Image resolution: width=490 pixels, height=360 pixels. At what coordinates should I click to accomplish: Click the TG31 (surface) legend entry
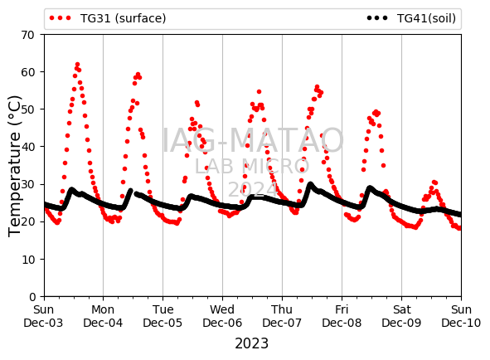coord(107,18)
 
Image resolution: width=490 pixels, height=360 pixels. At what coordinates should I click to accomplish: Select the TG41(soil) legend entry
coord(411,18)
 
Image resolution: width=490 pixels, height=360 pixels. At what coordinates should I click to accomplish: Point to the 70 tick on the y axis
coord(28,35)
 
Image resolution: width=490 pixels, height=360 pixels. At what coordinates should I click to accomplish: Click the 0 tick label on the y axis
coord(32,296)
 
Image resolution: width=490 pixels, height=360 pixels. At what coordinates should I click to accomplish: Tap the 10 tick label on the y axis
coord(28,260)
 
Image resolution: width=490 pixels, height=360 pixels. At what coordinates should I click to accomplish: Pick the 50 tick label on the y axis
coord(28,109)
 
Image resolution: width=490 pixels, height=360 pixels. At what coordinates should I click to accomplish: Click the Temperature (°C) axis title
coord(14,166)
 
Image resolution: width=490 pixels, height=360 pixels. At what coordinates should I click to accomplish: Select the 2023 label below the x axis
coord(251,343)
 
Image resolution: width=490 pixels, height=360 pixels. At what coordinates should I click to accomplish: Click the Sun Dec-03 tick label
coord(43,316)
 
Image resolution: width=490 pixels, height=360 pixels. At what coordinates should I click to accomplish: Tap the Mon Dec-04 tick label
coord(103,316)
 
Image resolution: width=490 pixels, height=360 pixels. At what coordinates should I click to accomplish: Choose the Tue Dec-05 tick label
coord(163,316)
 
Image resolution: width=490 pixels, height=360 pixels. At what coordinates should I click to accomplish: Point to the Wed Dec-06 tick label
coord(222,316)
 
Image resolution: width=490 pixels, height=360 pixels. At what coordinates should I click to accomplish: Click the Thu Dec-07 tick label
coord(282,316)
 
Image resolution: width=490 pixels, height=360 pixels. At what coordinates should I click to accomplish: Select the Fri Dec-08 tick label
coord(342,316)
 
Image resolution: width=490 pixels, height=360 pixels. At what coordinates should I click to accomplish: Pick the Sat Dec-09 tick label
coord(401,316)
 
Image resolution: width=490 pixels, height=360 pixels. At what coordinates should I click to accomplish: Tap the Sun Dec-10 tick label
coord(461,316)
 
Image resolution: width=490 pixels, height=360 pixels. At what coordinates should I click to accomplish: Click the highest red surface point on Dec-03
coord(77,65)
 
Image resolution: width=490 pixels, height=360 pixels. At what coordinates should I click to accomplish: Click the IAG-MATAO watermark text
coord(253,140)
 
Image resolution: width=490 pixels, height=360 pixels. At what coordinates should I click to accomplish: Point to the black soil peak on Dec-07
coord(310,184)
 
